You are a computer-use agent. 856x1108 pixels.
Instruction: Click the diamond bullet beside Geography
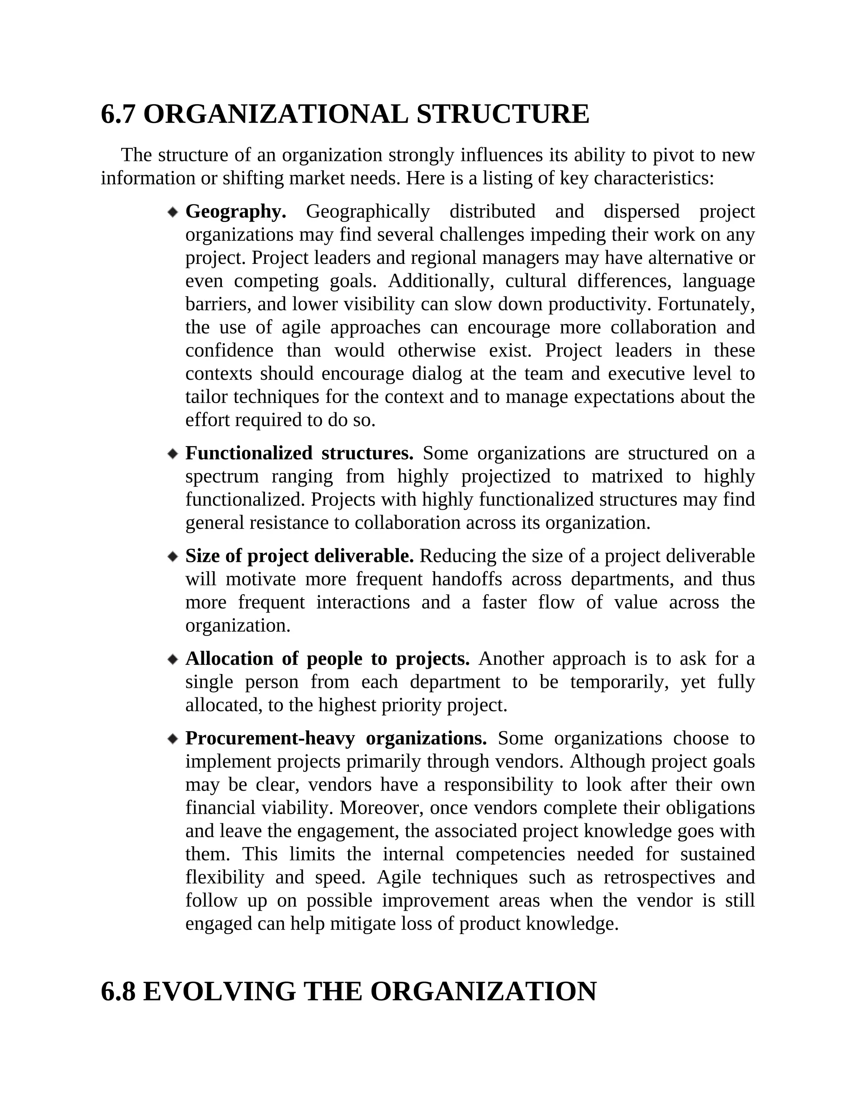pos(173,212)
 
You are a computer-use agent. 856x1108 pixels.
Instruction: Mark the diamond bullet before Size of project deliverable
pos(173,557)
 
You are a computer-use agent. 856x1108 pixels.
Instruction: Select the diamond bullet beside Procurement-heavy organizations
pos(173,739)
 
